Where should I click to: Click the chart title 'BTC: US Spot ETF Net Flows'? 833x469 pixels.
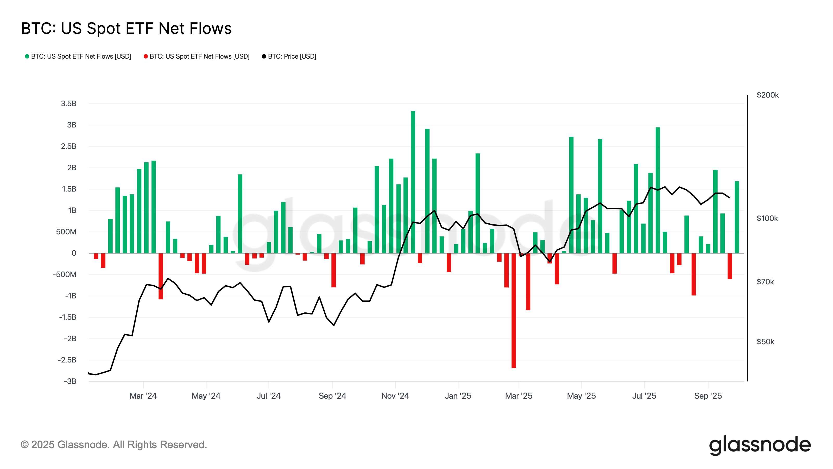coord(126,28)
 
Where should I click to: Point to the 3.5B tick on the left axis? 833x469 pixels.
coord(68,104)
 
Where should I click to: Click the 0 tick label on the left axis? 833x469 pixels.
coord(74,253)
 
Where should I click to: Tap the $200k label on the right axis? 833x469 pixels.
coord(767,95)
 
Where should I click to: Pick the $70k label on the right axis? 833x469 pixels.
coord(765,282)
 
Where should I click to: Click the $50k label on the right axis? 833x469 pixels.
coord(765,342)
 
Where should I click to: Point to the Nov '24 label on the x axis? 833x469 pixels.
coord(395,396)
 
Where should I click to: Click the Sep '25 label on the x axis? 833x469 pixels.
coord(708,396)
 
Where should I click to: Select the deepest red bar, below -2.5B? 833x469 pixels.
coord(514,311)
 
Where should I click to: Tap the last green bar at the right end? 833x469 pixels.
coord(737,217)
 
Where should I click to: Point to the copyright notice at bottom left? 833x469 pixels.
coord(114,445)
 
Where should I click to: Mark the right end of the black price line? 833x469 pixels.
coord(729,198)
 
